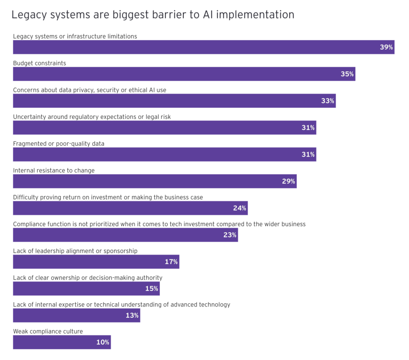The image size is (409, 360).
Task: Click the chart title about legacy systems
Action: point(153,15)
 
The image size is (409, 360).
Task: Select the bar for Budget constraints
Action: point(184,74)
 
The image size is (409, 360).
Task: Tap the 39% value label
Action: point(386,47)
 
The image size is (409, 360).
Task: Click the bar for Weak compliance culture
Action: point(62,342)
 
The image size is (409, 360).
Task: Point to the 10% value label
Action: point(103,342)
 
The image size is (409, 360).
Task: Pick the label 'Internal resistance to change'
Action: point(54,171)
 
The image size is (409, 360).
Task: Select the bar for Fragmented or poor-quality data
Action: point(164,155)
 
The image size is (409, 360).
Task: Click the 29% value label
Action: point(288,181)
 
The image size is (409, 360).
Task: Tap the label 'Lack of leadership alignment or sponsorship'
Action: point(75,251)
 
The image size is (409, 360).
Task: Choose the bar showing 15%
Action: point(86,288)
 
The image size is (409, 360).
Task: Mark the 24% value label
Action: point(240,208)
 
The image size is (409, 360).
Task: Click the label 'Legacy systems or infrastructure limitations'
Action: point(75,36)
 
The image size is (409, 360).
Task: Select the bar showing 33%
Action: point(174,101)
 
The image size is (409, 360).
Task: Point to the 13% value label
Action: point(132,316)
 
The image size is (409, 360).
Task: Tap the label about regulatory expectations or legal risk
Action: point(92,117)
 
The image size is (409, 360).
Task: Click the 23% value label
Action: point(230,235)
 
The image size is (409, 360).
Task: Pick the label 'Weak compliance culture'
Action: point(48,331)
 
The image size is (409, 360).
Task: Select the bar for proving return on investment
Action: point(130,208)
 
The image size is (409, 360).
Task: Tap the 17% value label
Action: point(171,262)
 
